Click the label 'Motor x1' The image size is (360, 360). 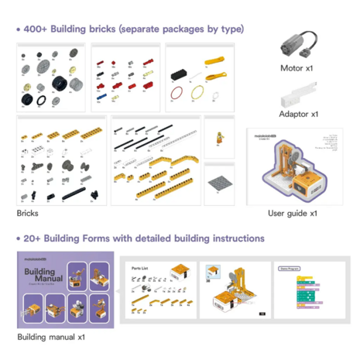(x=297, y=69)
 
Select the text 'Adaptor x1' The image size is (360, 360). (x=299, y=115)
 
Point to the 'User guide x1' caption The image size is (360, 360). (x=293, y=213)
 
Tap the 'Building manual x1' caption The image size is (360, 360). (x=51, y=338)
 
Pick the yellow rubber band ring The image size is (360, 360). (x=196, y=91)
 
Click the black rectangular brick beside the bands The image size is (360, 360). (x=182, y=75)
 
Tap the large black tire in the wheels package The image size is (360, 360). (x=59, y=83)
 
